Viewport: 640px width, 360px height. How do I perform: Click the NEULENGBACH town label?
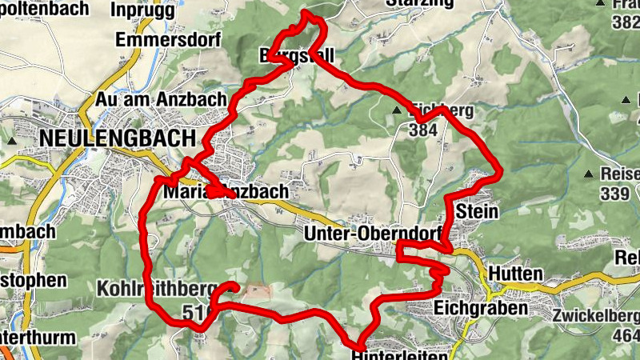click(117, 138)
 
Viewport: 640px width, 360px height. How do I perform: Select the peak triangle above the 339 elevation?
click(590, 174)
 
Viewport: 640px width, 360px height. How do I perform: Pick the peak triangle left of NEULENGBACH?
click(13, 140)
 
